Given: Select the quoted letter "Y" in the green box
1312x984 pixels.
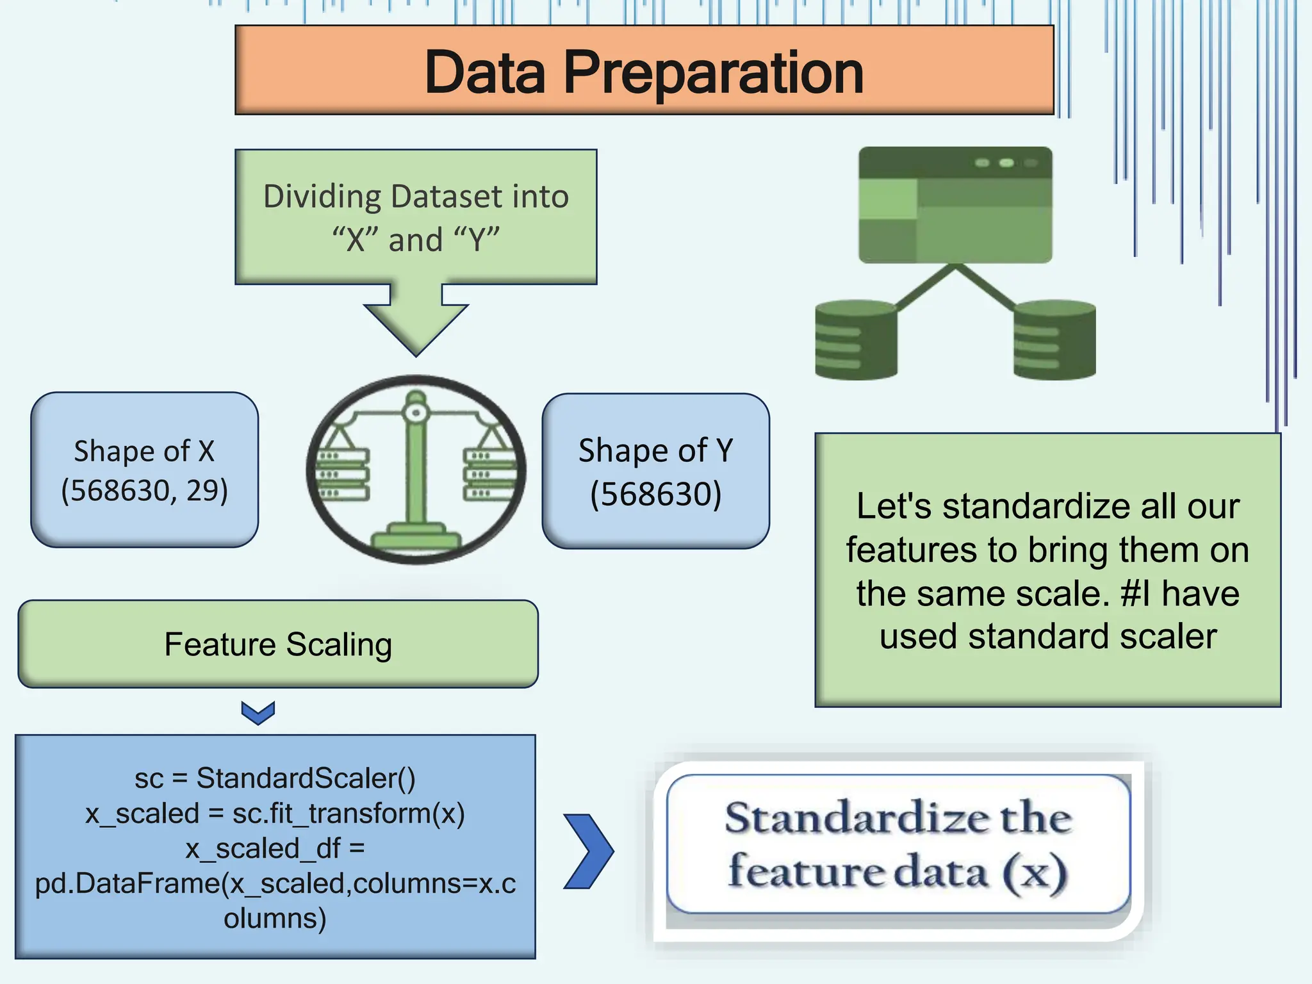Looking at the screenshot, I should [477, 240].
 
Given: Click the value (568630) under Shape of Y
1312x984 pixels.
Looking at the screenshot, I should [655, 494].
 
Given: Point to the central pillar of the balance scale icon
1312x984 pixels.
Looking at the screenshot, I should [416, 474].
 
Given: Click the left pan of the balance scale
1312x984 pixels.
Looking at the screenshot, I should [343, 474].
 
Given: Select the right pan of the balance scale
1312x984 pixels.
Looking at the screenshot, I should [488, 474].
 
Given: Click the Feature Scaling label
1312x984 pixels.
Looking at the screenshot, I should [277, 644].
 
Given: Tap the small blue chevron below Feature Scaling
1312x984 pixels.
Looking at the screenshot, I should [258, 712].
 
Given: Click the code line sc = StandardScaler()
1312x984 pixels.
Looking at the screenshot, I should [275, 778].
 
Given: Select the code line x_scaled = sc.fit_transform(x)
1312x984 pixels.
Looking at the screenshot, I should [275, 814].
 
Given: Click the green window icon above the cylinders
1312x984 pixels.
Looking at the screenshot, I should [955, 205].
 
